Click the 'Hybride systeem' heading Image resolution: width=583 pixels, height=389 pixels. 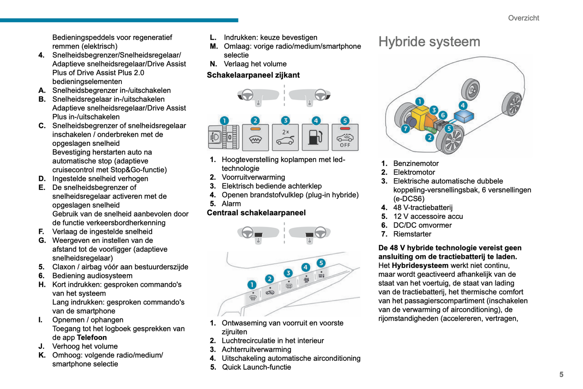point(429,42)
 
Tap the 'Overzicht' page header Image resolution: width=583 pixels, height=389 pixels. point(523,18)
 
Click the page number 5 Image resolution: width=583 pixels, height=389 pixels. point(561,374)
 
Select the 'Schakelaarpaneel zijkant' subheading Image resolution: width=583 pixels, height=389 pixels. point(253,75)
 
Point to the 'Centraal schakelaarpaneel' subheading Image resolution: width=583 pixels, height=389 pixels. point(256,213)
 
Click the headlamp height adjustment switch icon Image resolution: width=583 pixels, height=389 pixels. point(224,137)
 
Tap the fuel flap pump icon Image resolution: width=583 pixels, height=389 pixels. point(315,137)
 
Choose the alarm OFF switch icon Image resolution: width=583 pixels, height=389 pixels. point(345,137)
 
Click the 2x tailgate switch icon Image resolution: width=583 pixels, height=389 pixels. point(285,137)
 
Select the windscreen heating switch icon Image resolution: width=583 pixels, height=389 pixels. point(255,137)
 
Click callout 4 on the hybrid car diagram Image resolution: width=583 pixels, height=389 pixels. point(463,105)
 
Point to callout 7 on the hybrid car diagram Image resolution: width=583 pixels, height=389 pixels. point(405,129)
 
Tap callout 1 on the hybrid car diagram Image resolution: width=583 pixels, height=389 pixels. point(420,101)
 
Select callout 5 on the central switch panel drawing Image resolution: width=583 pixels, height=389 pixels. point(321,263)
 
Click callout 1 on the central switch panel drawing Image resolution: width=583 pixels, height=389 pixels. point(252,285)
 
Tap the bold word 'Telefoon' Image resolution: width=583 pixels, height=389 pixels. point(92,338)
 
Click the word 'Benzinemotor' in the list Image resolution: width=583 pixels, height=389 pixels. point(416,164)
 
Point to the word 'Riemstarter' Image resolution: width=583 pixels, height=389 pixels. point(412,234)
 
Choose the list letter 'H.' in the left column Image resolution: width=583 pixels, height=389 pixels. point(42,285)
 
